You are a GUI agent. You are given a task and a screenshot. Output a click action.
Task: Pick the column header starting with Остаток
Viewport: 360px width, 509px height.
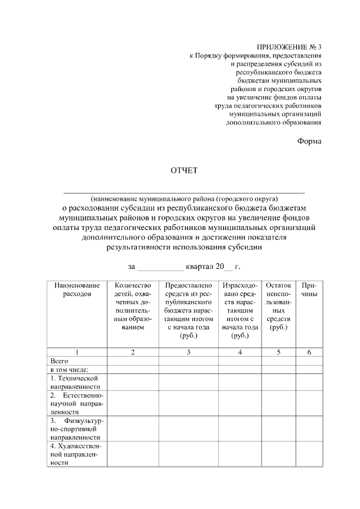tap(278, 306)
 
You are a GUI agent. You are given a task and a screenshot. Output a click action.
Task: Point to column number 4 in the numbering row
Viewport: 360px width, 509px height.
tap(240, 352)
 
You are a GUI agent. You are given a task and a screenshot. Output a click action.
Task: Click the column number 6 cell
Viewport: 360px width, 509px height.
tap(309, 352)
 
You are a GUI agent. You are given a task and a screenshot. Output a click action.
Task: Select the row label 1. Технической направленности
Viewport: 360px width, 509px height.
tap(75, 382)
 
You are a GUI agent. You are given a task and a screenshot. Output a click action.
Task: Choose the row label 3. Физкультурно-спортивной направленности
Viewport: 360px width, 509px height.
tap(75, 428)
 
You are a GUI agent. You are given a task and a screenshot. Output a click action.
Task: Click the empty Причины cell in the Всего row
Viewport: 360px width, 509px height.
tap(309, 361)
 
